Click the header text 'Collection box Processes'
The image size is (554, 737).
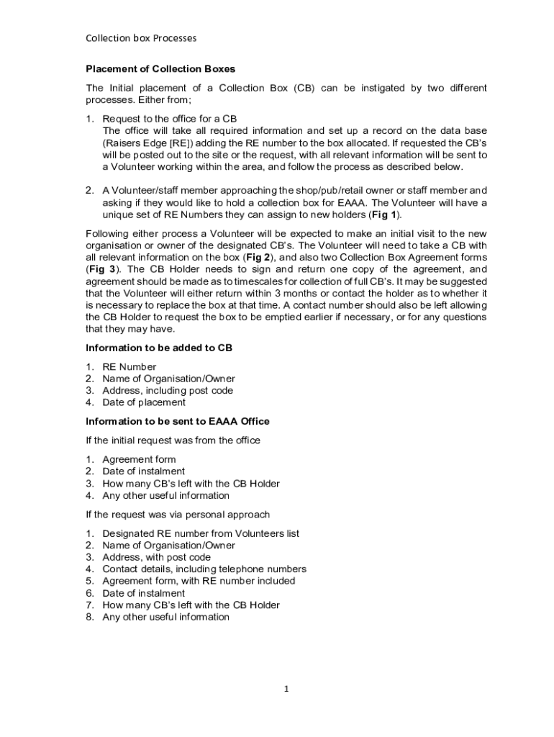(x=141, y=37)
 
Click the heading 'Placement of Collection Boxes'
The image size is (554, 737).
(x=160, y=69)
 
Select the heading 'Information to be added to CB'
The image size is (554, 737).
(x=159, y=348)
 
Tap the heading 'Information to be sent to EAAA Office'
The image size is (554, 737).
(x=178, y=421)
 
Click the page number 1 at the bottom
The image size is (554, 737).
(x=286, y=689)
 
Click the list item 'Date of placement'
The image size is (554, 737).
(x=144, y=402)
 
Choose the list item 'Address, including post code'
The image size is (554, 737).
(x=168, y=391)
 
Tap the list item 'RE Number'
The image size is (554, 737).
(x=129, y=367)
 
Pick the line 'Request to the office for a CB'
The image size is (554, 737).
(x=170, y=119)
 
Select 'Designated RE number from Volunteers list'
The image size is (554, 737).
(x=201, y=534)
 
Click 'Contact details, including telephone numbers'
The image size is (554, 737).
(x=204, y=569)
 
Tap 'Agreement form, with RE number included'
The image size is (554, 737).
(x=199, y=581)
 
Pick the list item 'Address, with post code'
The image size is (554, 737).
(x=157, y=557)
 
